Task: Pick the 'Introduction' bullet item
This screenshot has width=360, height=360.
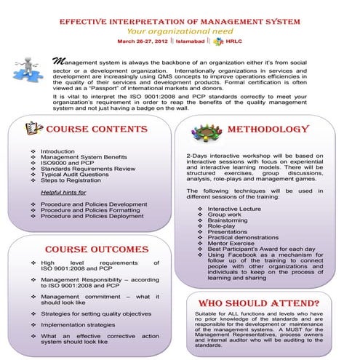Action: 57,151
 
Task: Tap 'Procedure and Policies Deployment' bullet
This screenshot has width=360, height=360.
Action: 92,216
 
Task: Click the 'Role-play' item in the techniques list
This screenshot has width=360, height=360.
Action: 223,227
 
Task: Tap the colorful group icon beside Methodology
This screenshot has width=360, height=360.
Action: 204,132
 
